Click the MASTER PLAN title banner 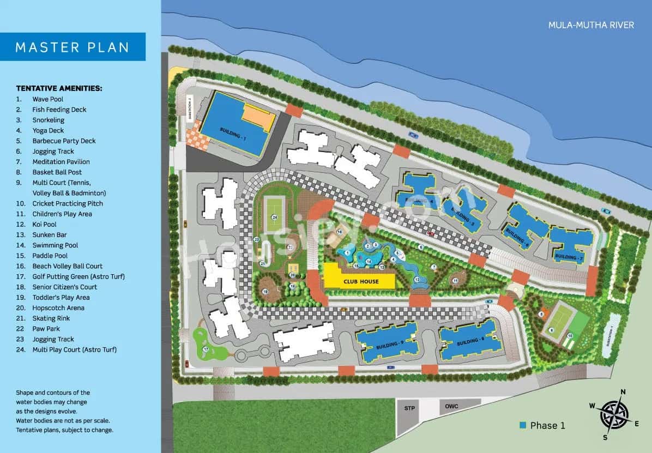pos(73,47)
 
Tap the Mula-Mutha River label pos(591,25)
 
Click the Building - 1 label pos(233,134)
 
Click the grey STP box pos(410,408)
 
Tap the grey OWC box pos(451,406)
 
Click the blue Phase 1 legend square pos(523,425)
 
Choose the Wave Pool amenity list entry pos(47,99)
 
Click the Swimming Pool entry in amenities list pos(55,245)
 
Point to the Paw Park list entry pos(46,329)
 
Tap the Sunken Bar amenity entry pos(50,235)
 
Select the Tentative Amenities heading pos(59,88)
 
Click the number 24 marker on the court pos(275,218)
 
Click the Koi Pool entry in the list pos(44,225)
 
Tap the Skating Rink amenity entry pos(51,318)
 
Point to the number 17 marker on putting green pos(206,349)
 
